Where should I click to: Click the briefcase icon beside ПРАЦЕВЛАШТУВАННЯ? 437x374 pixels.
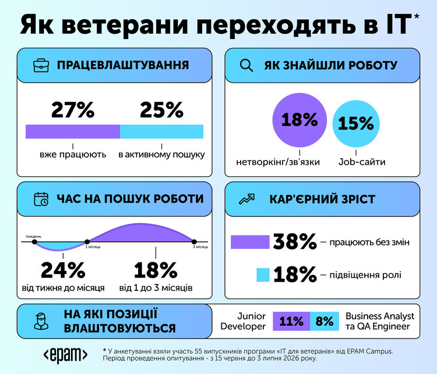point(41,65)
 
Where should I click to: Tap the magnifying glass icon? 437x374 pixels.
point(246,66)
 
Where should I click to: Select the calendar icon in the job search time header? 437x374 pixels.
point(41,200)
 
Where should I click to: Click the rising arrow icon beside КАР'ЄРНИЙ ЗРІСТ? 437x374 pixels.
point(246,200)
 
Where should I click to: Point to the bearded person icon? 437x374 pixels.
point(41,322)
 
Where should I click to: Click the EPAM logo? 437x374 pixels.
point(65,355)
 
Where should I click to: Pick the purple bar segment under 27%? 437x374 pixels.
point(73,131)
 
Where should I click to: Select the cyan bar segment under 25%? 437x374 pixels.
point(161,131)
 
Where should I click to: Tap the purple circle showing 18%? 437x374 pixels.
point(299,120)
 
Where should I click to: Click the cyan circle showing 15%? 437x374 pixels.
point(356,123)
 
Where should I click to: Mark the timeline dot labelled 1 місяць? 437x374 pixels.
point(87,242)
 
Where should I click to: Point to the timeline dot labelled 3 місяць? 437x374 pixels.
point(194,242)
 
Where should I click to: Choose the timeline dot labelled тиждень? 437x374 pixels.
point(34,242)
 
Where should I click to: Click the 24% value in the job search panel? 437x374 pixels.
point(63,270)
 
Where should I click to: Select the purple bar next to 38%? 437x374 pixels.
point(250,242)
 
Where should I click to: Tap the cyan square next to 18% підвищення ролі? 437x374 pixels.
point(263,275)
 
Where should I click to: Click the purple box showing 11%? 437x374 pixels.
point(291,322)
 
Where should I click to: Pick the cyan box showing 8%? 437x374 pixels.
point(325,322)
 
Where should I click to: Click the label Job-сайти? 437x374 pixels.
point(362,162)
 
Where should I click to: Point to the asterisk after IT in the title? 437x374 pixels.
point(417,16)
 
